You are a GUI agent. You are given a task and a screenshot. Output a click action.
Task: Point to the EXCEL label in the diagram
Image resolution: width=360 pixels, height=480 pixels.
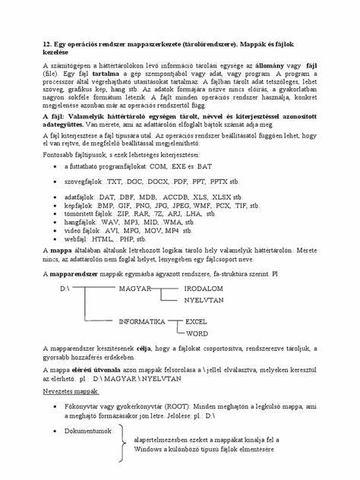tap(197, 322)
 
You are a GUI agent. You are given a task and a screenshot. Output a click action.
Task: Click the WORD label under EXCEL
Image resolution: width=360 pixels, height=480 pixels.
tap(197, 333)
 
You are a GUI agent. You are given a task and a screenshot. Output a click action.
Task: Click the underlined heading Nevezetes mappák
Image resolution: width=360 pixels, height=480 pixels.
tap(71, 393)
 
